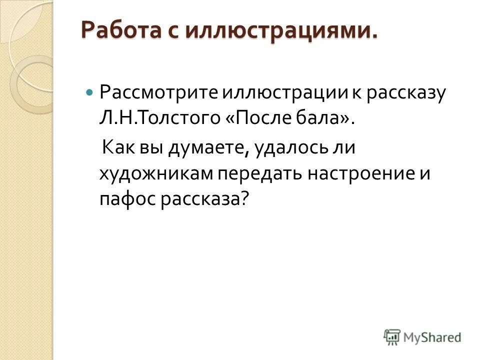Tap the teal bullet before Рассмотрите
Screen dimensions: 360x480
[89, 93]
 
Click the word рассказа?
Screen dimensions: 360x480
[204, 199]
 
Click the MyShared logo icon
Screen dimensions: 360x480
[392, 337]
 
